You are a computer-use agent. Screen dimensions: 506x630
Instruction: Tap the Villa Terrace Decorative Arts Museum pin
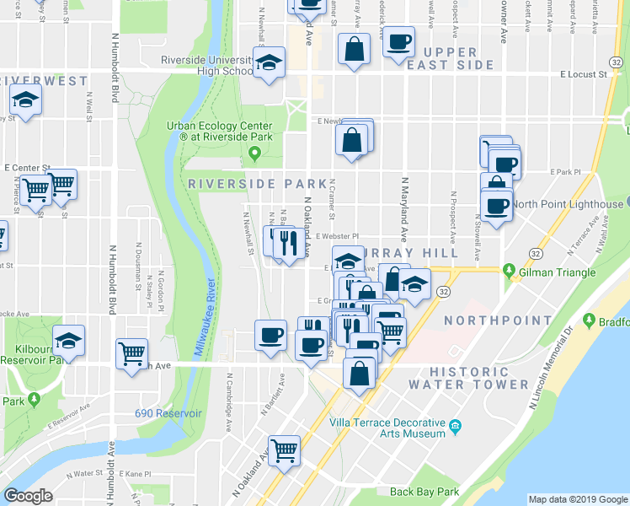click(456, 424)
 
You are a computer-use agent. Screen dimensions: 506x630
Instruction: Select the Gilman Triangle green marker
click(509, 270)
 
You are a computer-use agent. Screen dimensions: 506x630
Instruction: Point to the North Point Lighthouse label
click(568, 204)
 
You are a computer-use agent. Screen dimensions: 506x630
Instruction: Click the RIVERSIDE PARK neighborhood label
click(257, 183)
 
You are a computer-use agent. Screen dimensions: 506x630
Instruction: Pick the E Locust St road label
click(585, 75)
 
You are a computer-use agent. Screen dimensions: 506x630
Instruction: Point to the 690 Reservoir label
click(168, 413)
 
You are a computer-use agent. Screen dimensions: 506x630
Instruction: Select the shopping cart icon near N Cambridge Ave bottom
click(285, 450)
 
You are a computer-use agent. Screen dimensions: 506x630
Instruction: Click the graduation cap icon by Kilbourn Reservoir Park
click(68, 341)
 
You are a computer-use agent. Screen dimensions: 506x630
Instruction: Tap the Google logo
click(29, 496)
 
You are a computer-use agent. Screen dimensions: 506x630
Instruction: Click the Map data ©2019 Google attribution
click(578, 499)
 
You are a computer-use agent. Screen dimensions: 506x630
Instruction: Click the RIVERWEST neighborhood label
click(44, 80)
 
